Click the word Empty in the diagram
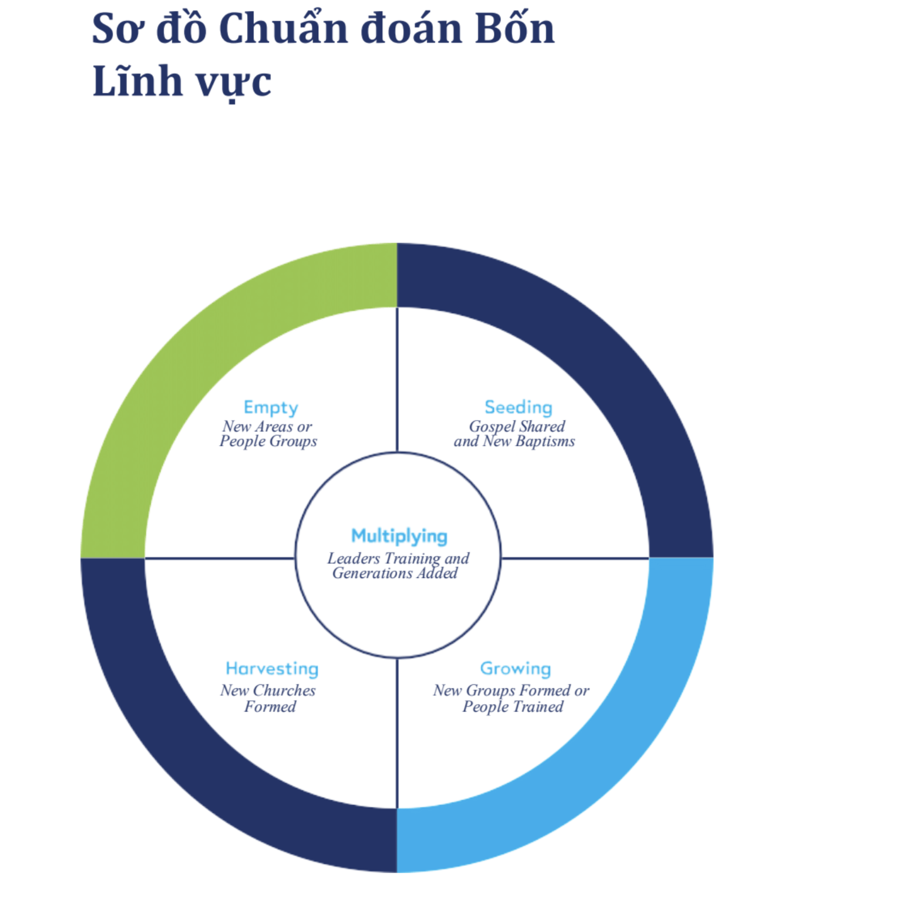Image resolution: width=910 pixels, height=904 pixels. click(271, 408)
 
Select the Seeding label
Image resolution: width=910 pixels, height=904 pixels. click(518, 408)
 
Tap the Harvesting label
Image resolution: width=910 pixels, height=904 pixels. click(272, 669)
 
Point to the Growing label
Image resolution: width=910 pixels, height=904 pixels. click(515, 669)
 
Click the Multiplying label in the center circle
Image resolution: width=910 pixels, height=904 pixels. click(399, 537)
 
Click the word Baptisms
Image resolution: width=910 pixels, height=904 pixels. click(545, 442)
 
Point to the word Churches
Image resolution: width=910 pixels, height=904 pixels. click(284, 690)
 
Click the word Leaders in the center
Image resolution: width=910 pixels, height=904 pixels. click(353, 558)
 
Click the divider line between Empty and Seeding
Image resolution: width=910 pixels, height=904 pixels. click(397, 380)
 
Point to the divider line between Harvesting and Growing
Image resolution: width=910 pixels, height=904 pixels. click(397, 733)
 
